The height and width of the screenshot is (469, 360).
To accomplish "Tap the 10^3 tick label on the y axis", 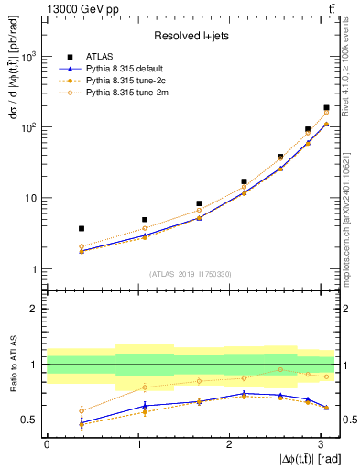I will tap(27, 57).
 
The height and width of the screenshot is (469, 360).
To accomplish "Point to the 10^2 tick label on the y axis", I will tap(27, 127).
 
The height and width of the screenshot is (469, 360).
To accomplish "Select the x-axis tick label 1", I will tap(137, 443).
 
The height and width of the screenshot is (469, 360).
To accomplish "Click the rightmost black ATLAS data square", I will tap(326, 108).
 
